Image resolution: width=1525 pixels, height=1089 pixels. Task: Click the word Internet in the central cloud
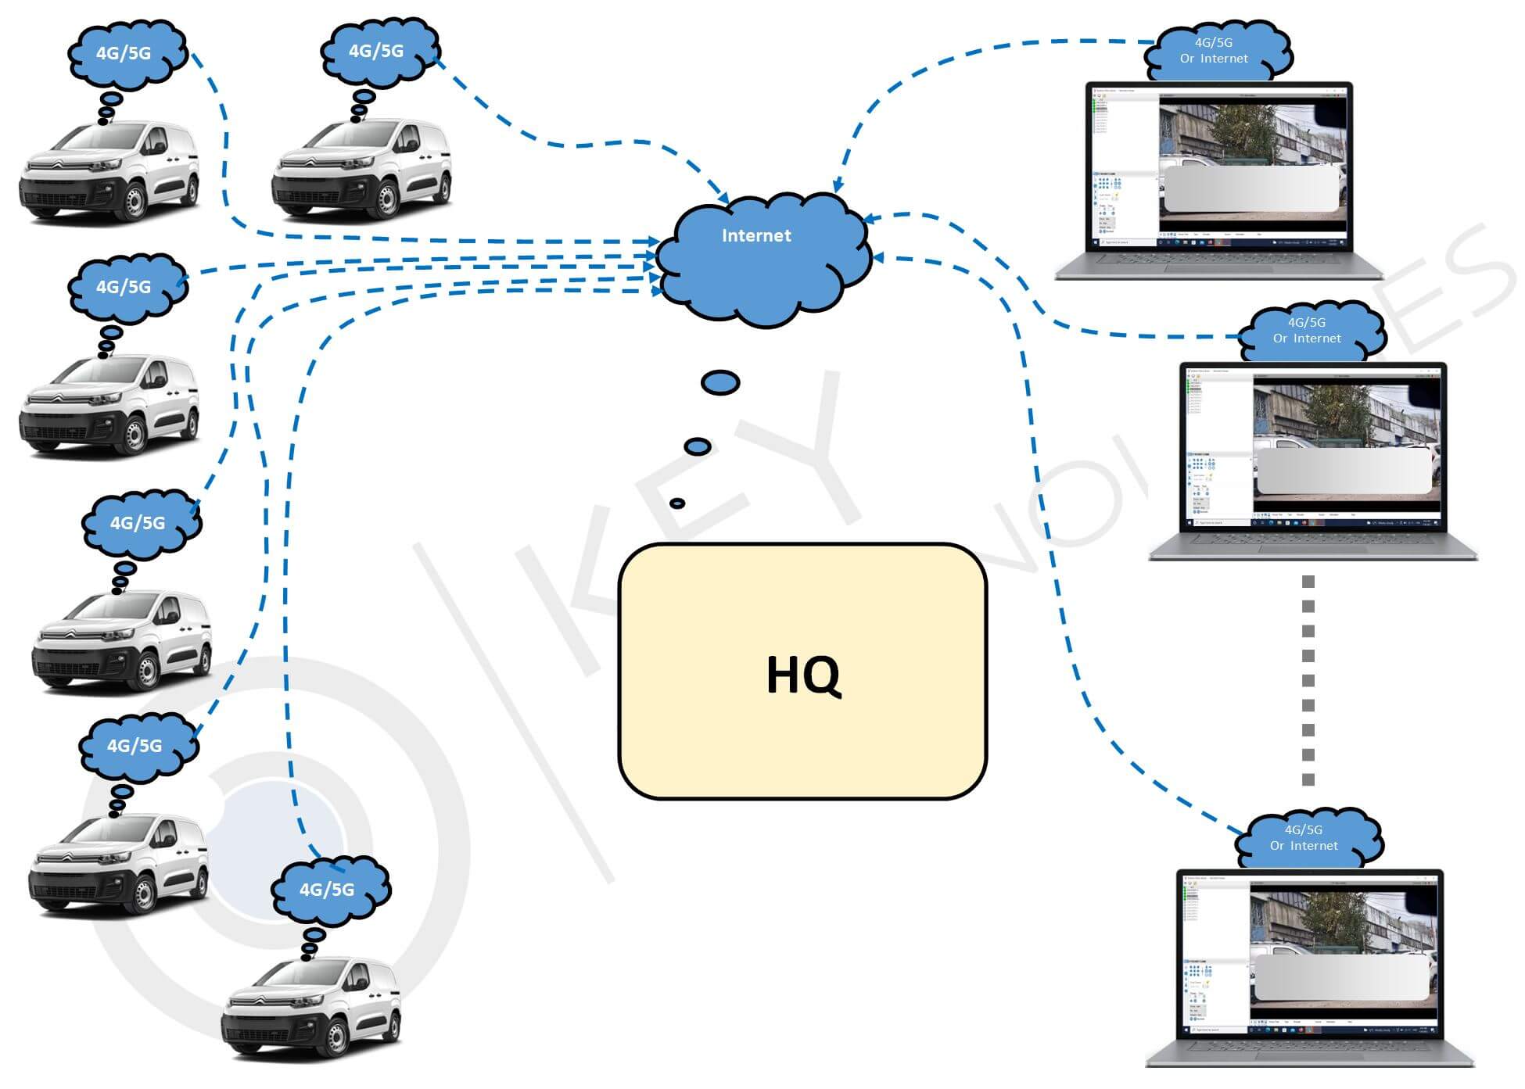(x=755, y=235)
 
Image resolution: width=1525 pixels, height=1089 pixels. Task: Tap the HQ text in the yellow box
(x=803, y=675)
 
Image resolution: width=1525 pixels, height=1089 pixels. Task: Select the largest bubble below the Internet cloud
(x=720, y=382)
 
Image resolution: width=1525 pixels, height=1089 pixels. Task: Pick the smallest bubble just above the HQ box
(x=677, y=503)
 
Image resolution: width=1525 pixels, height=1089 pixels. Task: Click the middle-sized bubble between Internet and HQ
(x=698, y=446)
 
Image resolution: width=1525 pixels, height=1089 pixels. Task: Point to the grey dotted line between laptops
(x=1308, y=680)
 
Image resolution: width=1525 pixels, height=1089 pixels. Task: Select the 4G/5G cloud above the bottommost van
(x=328, y=889)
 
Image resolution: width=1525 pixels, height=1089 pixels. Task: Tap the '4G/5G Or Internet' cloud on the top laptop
(x=1215, y=52)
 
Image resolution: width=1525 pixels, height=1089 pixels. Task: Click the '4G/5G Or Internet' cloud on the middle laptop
(x=1307, y=331)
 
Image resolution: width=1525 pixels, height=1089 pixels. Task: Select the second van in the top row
(x=361, y=168)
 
